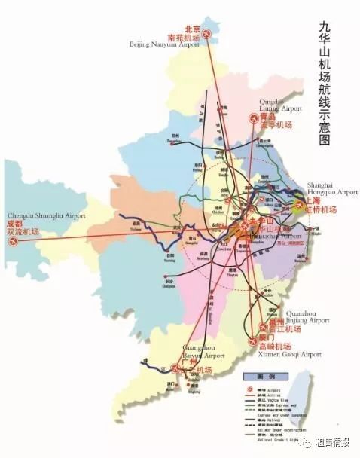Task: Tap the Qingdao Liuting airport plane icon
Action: click(253, 119)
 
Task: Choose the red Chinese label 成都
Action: click(14, 224)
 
